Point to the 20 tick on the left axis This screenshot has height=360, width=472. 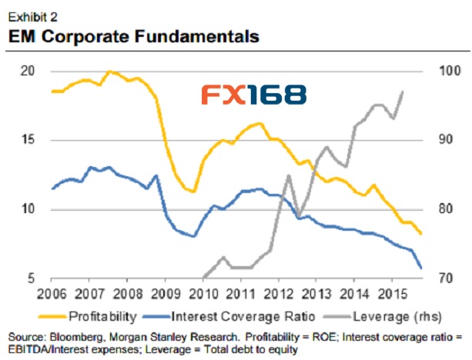[29, 71]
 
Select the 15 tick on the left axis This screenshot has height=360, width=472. [29, 140]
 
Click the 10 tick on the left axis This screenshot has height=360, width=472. [29, 209]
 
